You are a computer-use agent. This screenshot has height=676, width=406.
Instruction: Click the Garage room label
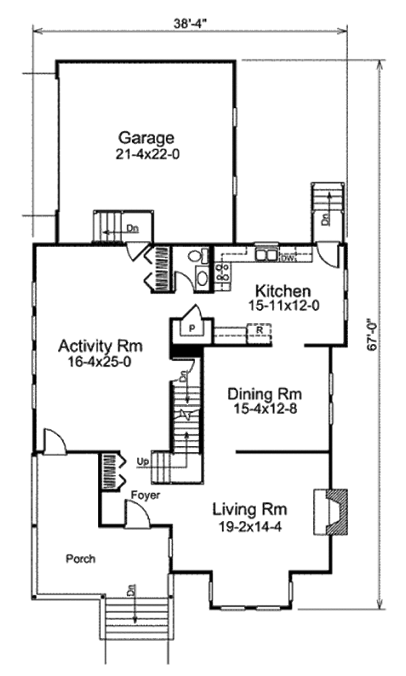pyautogui.click(x=146, y=138)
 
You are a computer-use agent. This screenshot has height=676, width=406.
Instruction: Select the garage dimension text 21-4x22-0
pyautogui.click(x=147, y=154)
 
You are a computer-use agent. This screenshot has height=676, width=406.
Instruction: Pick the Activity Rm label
pyautogui.click(x=100, y=347)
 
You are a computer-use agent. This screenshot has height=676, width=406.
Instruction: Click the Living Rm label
pyautogui.click(x=250, y=508)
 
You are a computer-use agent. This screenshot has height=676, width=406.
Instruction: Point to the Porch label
pyautogui.click(x=81, y=559)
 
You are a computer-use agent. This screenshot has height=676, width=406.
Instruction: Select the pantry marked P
pyautogui.click(x=192, y=329)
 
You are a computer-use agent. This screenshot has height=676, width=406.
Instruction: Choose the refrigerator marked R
pyautogui.click(x=259, y=329)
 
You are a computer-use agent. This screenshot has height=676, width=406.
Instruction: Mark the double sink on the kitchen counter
pyautogui.click(x=267, y=255)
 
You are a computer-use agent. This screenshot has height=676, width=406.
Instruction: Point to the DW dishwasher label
pyautogui.click(x=288, y=258)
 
